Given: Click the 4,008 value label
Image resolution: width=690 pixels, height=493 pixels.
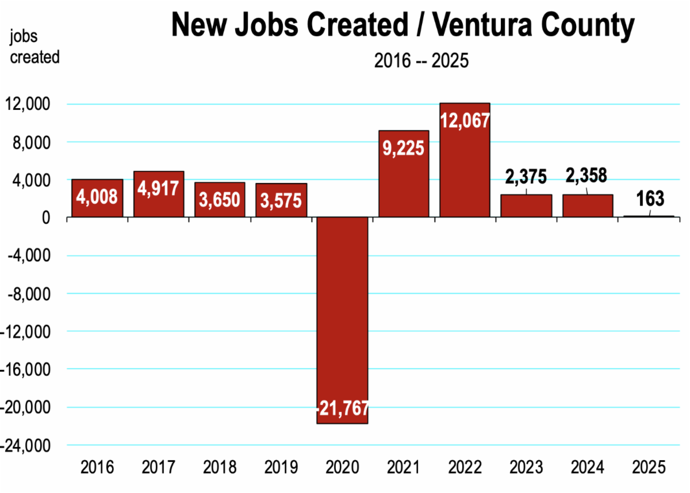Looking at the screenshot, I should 97,197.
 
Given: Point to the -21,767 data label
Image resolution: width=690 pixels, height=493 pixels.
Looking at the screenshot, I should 343,410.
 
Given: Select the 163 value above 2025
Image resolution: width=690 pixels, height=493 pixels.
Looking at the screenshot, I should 650,199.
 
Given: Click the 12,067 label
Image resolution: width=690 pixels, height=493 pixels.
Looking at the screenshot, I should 465,120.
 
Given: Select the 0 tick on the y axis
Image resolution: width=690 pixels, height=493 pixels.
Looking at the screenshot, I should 51,217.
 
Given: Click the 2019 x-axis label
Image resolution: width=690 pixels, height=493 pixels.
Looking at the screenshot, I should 281,467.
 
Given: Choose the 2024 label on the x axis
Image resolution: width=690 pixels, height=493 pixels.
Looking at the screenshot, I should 588,467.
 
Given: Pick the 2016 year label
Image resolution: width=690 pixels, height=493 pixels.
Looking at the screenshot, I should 97,467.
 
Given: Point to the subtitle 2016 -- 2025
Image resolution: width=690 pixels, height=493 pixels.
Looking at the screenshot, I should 421,60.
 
